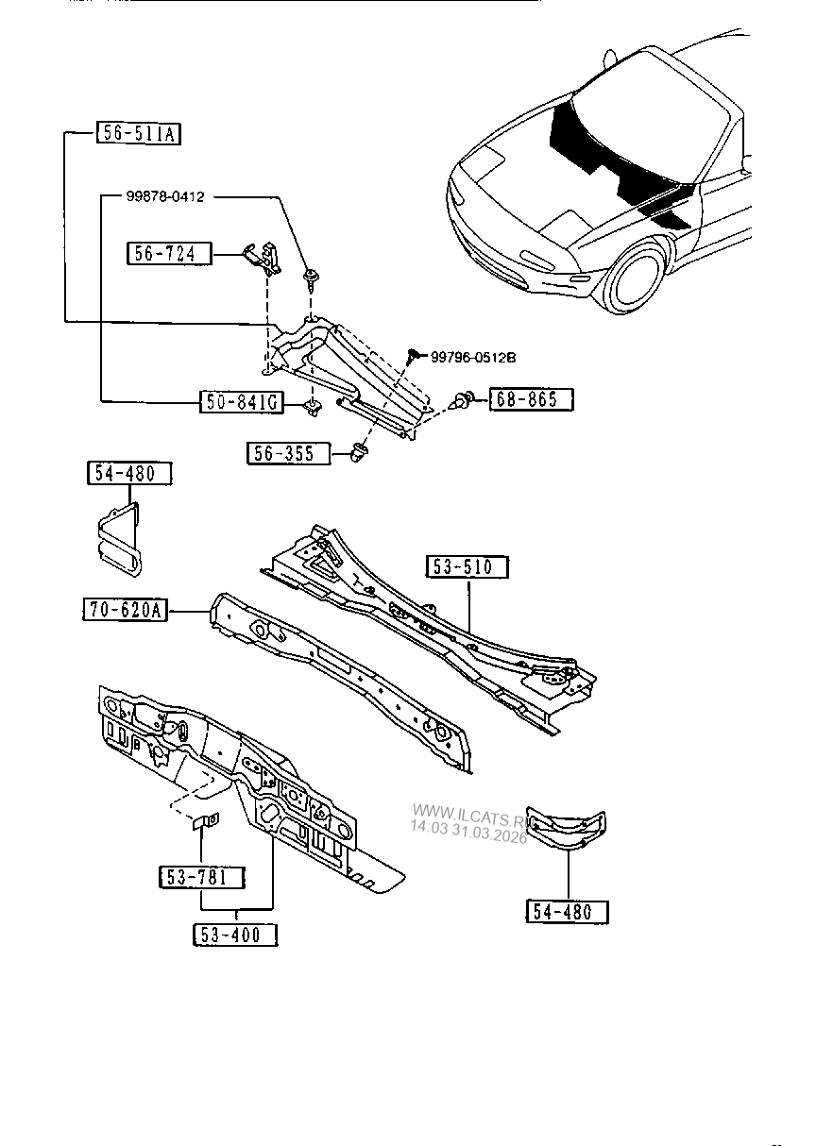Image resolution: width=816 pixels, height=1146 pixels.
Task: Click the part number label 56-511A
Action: click(x=138, y=134)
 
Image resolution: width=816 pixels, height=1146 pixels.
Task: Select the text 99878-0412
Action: click(x=165, y=196)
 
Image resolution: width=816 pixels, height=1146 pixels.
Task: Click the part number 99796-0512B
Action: click(x=474, y=357)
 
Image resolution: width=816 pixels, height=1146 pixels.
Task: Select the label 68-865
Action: click(x=531, y=399)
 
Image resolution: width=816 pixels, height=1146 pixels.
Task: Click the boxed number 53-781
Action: click(x=200, y=877)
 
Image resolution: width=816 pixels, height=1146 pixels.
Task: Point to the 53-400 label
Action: click(x=237, y=935)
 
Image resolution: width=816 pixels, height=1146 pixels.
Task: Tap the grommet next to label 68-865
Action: click(x=463, y=400)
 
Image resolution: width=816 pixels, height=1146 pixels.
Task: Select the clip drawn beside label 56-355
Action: click(x=359, y=452)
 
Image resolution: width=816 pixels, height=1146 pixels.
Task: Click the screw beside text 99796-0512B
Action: click(x=413, y=356)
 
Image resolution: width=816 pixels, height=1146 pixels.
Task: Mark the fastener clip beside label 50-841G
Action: click(x=310, y=406)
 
